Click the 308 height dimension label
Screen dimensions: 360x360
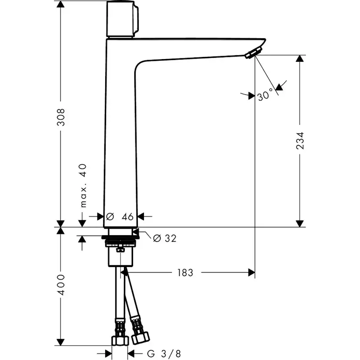pos(62,117)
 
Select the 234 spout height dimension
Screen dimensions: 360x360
pos(300,140)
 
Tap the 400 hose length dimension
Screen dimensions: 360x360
pos(62,285)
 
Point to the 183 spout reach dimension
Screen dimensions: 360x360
pos(185,273)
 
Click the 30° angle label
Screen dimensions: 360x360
pos(265,94)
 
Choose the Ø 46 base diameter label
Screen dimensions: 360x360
pos(120,216)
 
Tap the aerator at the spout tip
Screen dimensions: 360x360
pos(252,53)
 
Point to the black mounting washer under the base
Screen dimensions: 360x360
pos(120,238)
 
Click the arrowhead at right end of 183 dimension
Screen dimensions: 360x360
pos(251,273)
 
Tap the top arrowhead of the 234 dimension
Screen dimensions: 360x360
pos(300,59)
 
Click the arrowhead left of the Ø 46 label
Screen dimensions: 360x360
pos(100,216)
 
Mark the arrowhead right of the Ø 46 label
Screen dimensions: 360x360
pos(142,216)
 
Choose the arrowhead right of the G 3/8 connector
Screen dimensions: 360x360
pos(131,353)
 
